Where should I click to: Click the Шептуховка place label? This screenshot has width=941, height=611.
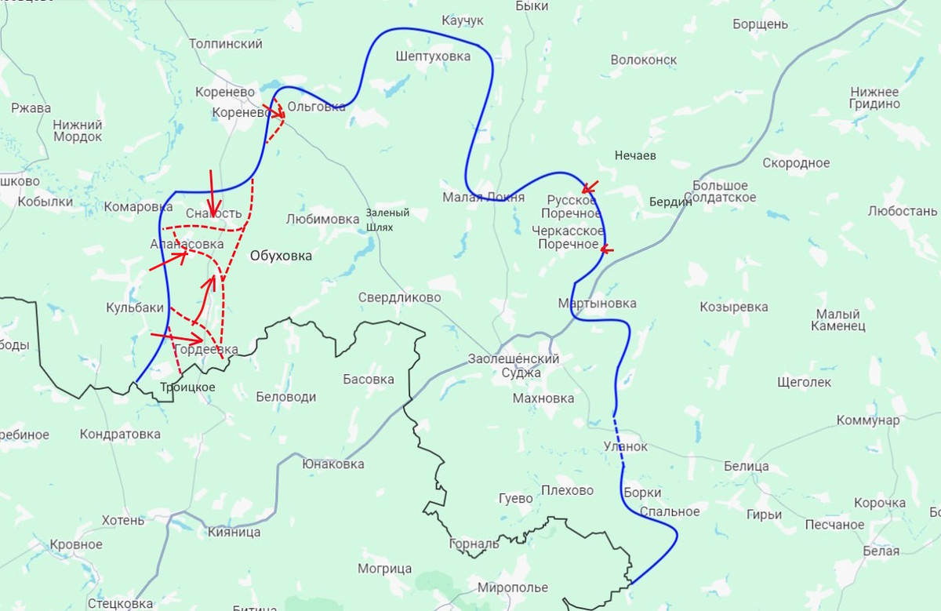(x=434, y=56)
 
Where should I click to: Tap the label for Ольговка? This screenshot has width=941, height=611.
(x=316, y=107)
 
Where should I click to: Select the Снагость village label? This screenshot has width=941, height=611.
(x=213, y=213)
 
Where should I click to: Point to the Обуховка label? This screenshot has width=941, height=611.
(x=281, y=256)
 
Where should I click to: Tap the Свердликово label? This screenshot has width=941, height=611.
(x=399, y=298)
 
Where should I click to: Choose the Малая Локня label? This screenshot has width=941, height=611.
(x=483, y=197)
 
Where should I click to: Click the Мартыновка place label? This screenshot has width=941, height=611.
(x=597, y=304)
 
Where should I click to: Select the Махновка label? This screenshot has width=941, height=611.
(x=543, y=398)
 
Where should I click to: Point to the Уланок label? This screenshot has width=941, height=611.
(x=626, y=446)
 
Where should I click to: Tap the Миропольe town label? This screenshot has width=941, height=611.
(x=513, y=587)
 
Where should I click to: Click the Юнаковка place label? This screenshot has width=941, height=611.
(x=333, y=464)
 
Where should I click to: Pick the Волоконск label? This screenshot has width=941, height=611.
(x=643, y=60)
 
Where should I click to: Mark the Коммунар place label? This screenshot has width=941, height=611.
(x=868, y=420)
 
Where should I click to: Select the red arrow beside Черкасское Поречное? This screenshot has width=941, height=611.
(x=607, y=249)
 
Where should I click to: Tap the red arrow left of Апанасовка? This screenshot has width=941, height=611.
(x=168, y=261)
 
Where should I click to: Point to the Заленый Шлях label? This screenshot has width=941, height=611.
(x=387, y=220)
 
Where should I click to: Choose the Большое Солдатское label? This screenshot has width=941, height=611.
(x=724, y=191)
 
